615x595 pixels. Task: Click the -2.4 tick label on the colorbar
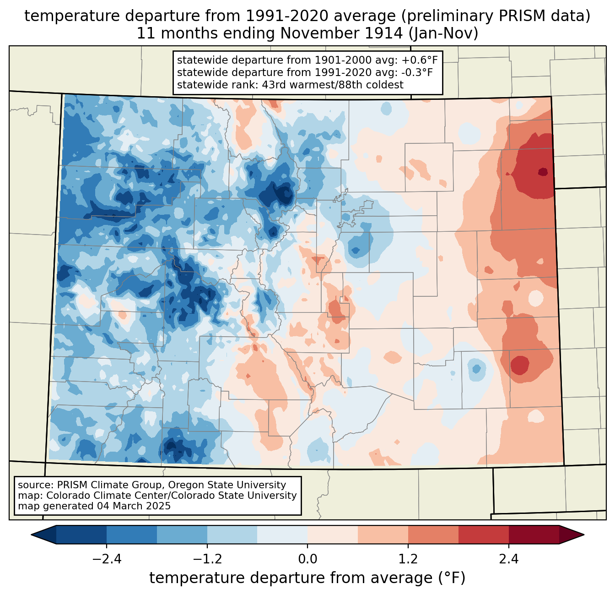pyautogui.click(x=107, y=559)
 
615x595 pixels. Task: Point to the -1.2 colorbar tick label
pyautogui.click(x=207, y=559)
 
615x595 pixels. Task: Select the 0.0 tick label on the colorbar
pyautogui.click(x=307, y=559)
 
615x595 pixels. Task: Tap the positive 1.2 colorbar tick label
pyautogui.click(x=408, y=559)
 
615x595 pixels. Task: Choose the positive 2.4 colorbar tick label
pyautogui.click(x=509, y=559)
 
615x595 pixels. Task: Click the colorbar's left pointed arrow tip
pyautogui.click(x=31, y=535)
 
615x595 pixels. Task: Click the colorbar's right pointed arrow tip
pyautogui.click(x=584, y=535)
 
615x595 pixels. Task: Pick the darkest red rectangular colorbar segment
pyautogui.click(x=534, y=535)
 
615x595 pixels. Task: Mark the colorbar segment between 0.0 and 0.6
pyautogui.click(x=333, y=535)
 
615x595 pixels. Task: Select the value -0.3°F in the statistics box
pyautogui.click(x=417, y=72)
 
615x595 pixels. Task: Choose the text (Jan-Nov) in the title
pyautogui.click(x=443, y=33)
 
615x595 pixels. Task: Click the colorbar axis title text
pyautogui.click(x=307, y=578)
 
